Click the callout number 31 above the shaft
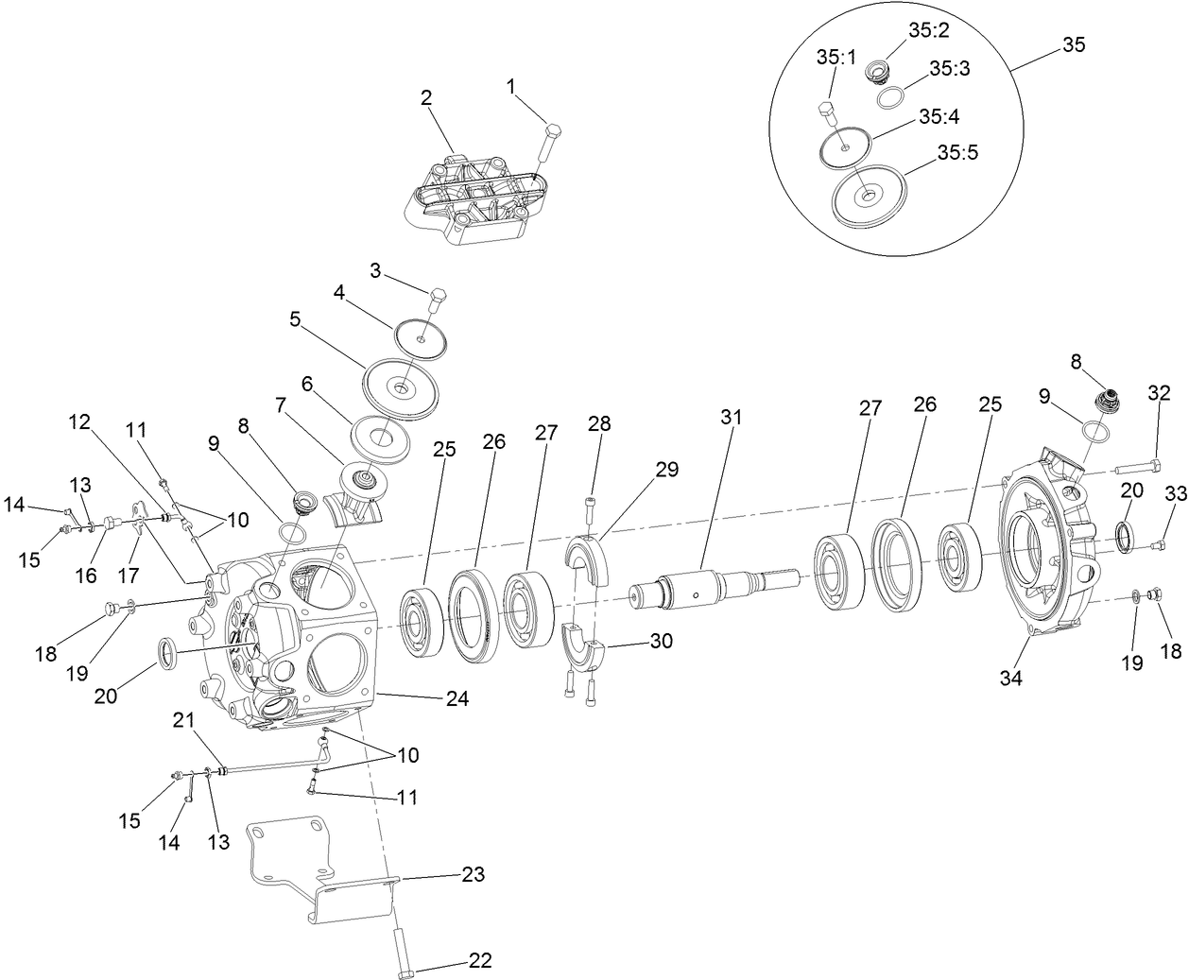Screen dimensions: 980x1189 (x=731, y=416)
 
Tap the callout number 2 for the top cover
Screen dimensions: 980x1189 (x=426, y=97)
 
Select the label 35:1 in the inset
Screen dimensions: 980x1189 (x=836, y=57)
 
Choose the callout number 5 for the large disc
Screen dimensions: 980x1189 (x=295, y=319)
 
